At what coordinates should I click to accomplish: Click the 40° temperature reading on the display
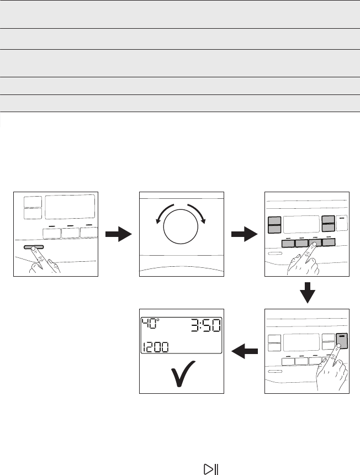click(x=150, y=324)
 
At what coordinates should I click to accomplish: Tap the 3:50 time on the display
click(x=205, y=326)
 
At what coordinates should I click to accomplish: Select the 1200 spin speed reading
click(x=155, y=347)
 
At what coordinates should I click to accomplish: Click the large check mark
click(x=183, y=373)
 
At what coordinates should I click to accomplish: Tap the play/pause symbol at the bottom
click(x=211, y=469)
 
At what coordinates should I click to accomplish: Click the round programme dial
click(x=181, y=226)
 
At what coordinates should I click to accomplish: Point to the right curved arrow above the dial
click(x=198, y=213)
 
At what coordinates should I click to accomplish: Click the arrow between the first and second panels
click(x=118, y=234)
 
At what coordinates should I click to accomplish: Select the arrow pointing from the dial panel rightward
click(x=245, y=234)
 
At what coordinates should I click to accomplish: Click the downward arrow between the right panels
click(x=308, y=293)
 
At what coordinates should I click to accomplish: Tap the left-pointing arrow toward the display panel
click(x=245, y=351)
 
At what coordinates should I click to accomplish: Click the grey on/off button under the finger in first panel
click(x=34, y=247)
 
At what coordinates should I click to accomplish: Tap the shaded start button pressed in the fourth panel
click(x=342, y=341)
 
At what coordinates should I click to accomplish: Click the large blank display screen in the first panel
click(x=70, y=207)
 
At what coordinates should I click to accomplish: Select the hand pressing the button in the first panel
click(x=45, y=260)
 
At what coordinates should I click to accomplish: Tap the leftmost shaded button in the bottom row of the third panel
click(x=288, y=243)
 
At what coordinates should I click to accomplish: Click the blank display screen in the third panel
click(x=301, y=224)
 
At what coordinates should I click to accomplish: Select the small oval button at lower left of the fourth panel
click(x=275, y=371)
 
